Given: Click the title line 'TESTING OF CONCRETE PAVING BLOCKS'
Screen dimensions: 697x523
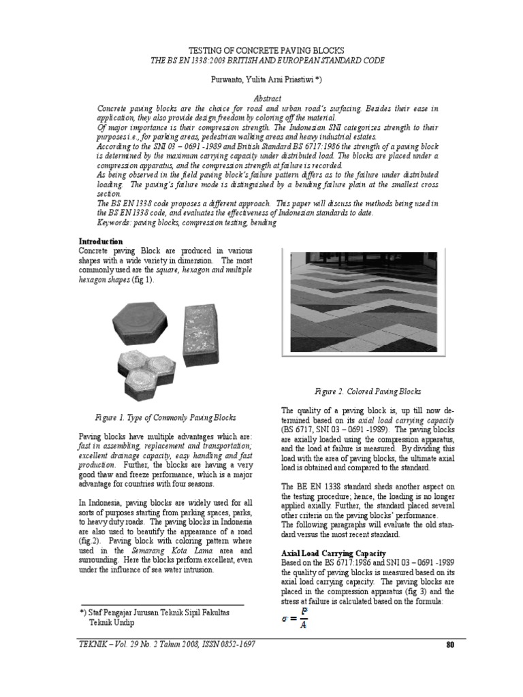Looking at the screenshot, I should pyautogui.click(x=261, y=51).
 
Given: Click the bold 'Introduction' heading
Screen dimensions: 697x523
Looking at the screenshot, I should pyautogui.click(x=101, y=242).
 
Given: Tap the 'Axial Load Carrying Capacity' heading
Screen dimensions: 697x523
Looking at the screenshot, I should pyautogui.click(x=334, y=553).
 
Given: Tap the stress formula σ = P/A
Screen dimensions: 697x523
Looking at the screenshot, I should pyautogui.click(x=295, y=618).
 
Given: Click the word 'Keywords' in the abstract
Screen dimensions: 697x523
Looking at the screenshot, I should pyautogui.click(x=114, y=223).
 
